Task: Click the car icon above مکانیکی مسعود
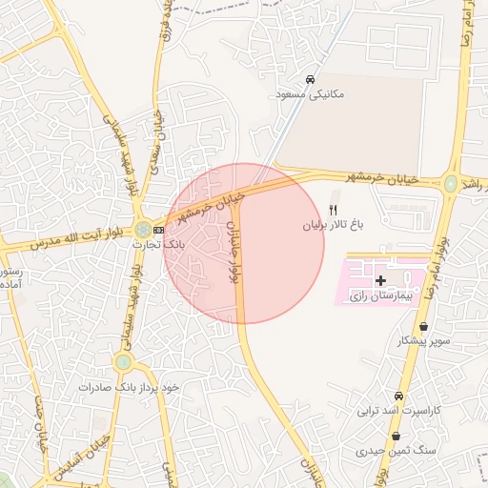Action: coord(310,79)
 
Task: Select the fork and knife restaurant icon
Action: coord(333,210)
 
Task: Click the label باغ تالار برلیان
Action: coord(335,226)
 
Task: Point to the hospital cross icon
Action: coord(381,280)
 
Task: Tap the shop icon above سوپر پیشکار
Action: coord(423,326)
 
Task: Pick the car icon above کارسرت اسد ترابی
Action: coord(398,396)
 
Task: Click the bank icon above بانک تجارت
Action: coord(158,230)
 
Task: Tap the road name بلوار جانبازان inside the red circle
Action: coord(232,252)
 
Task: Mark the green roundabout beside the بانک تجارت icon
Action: coord(142,230)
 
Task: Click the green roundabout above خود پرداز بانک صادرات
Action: coord(123,362)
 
